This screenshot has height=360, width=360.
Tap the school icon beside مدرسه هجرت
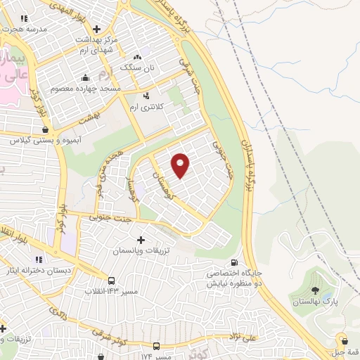point(25,19)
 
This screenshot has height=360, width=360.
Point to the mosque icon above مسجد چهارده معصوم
point(86,77)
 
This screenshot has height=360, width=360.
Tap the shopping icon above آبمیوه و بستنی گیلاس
point(46,129)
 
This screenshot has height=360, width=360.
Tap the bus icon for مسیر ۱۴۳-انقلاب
point(111,280)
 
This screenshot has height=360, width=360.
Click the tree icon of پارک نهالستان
point(314,290)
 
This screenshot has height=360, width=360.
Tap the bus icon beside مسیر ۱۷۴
point(156,346)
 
